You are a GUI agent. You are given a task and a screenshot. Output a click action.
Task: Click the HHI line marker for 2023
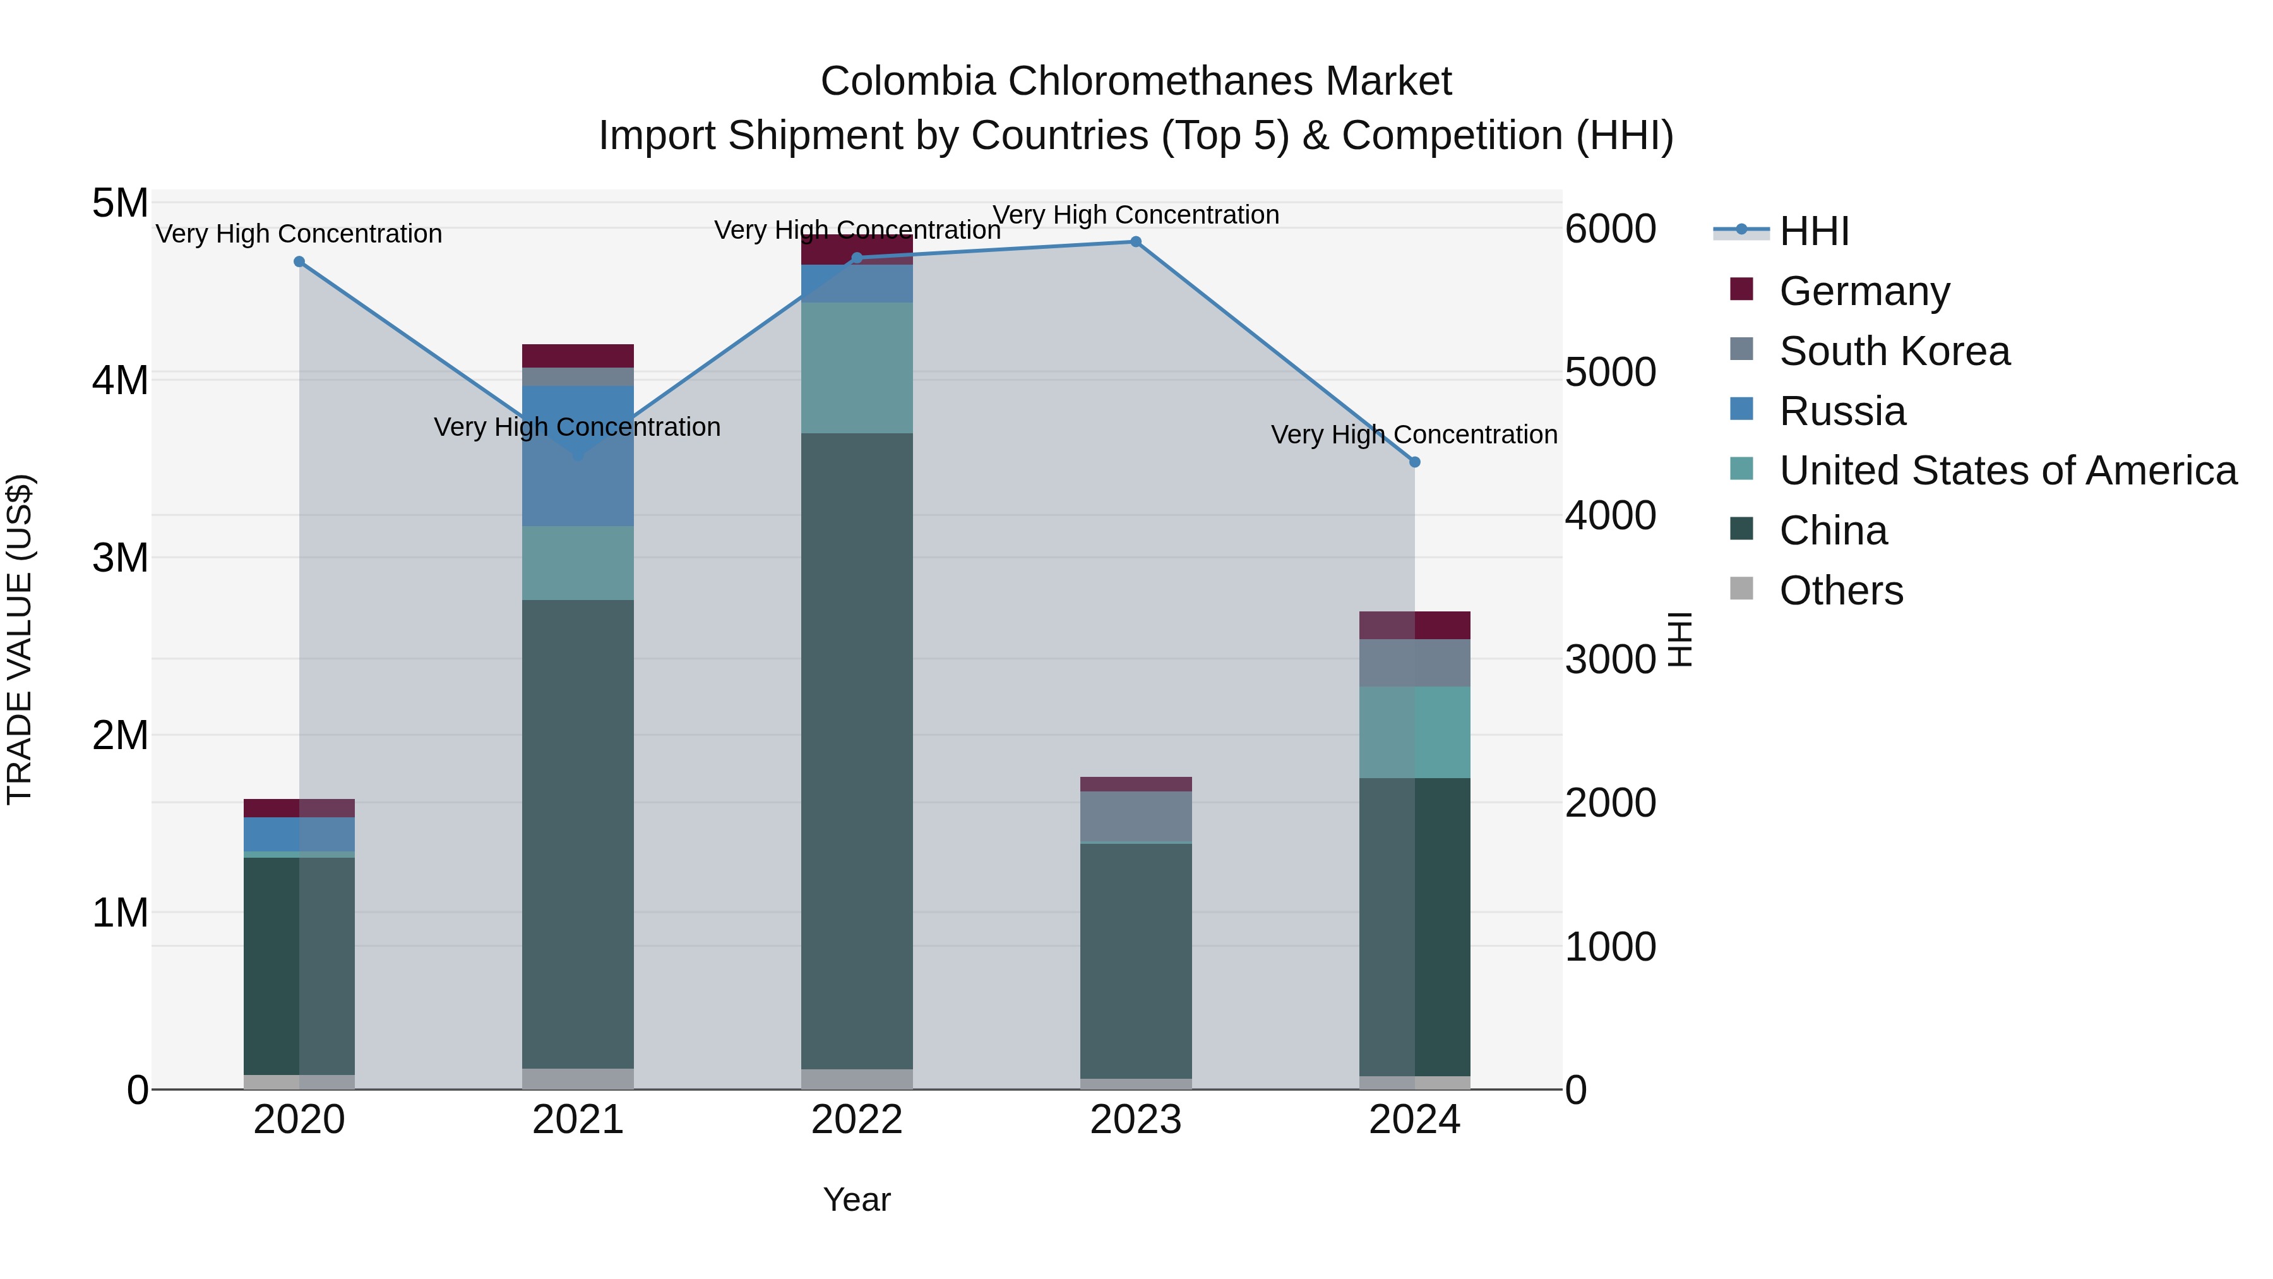point(1136,242)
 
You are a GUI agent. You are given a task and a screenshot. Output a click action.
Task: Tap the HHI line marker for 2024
point(1414,462)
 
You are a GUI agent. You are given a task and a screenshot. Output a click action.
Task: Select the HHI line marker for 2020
point(299,262)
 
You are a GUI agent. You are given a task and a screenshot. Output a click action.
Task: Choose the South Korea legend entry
point(1894,351)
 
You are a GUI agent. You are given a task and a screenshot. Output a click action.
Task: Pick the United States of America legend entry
point(2007,471)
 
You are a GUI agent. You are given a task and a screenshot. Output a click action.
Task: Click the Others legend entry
point(1840,591)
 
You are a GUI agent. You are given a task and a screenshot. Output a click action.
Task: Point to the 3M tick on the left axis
point(120,558)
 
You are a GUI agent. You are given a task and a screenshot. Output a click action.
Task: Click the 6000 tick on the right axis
point(1610,229)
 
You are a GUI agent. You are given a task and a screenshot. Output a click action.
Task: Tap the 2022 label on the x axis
point(857,1120)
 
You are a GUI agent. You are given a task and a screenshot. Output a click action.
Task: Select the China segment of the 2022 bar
point(857,750)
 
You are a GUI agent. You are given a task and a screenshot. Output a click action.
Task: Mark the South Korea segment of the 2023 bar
point(1136,817)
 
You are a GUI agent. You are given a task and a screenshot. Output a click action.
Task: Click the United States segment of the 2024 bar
point(1414,732)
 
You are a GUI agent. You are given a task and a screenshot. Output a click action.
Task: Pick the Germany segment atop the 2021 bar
point(578,356)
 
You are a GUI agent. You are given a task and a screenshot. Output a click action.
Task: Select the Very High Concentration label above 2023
point(1136,215)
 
